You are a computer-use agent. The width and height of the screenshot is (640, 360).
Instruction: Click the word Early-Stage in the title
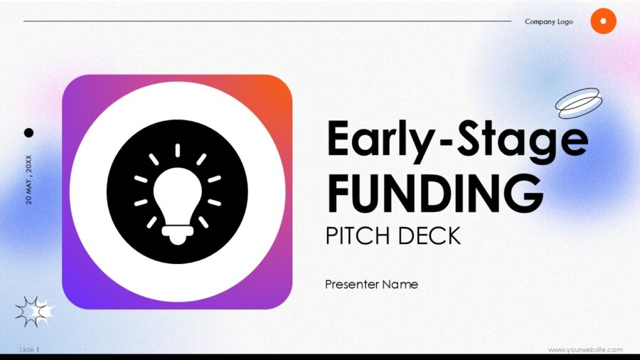[457, 139]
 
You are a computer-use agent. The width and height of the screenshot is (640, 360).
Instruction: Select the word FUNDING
[434, 191]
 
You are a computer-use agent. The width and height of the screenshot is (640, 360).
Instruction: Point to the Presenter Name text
[371, 285]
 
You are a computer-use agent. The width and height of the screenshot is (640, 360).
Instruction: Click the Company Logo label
[548, 21]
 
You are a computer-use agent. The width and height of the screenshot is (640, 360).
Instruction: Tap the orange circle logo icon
[603, 21]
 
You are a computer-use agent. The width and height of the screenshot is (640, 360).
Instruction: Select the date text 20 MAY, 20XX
[28, 179]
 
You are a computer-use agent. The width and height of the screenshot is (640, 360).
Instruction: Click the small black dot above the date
[29, 132]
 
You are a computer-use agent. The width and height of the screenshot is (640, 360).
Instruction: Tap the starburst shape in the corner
[33, 311]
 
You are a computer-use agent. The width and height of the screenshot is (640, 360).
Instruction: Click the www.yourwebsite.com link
[585, 349]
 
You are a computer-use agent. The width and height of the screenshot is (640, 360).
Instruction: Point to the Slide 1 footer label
[29, 349]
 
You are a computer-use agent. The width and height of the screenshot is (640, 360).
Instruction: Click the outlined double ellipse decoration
[579, 102]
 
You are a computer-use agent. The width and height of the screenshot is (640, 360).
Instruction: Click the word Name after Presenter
[400, 285]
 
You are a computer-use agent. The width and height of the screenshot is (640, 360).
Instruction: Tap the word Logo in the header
[565, 21]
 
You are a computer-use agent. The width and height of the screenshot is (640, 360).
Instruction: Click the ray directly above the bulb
[177, 150]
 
